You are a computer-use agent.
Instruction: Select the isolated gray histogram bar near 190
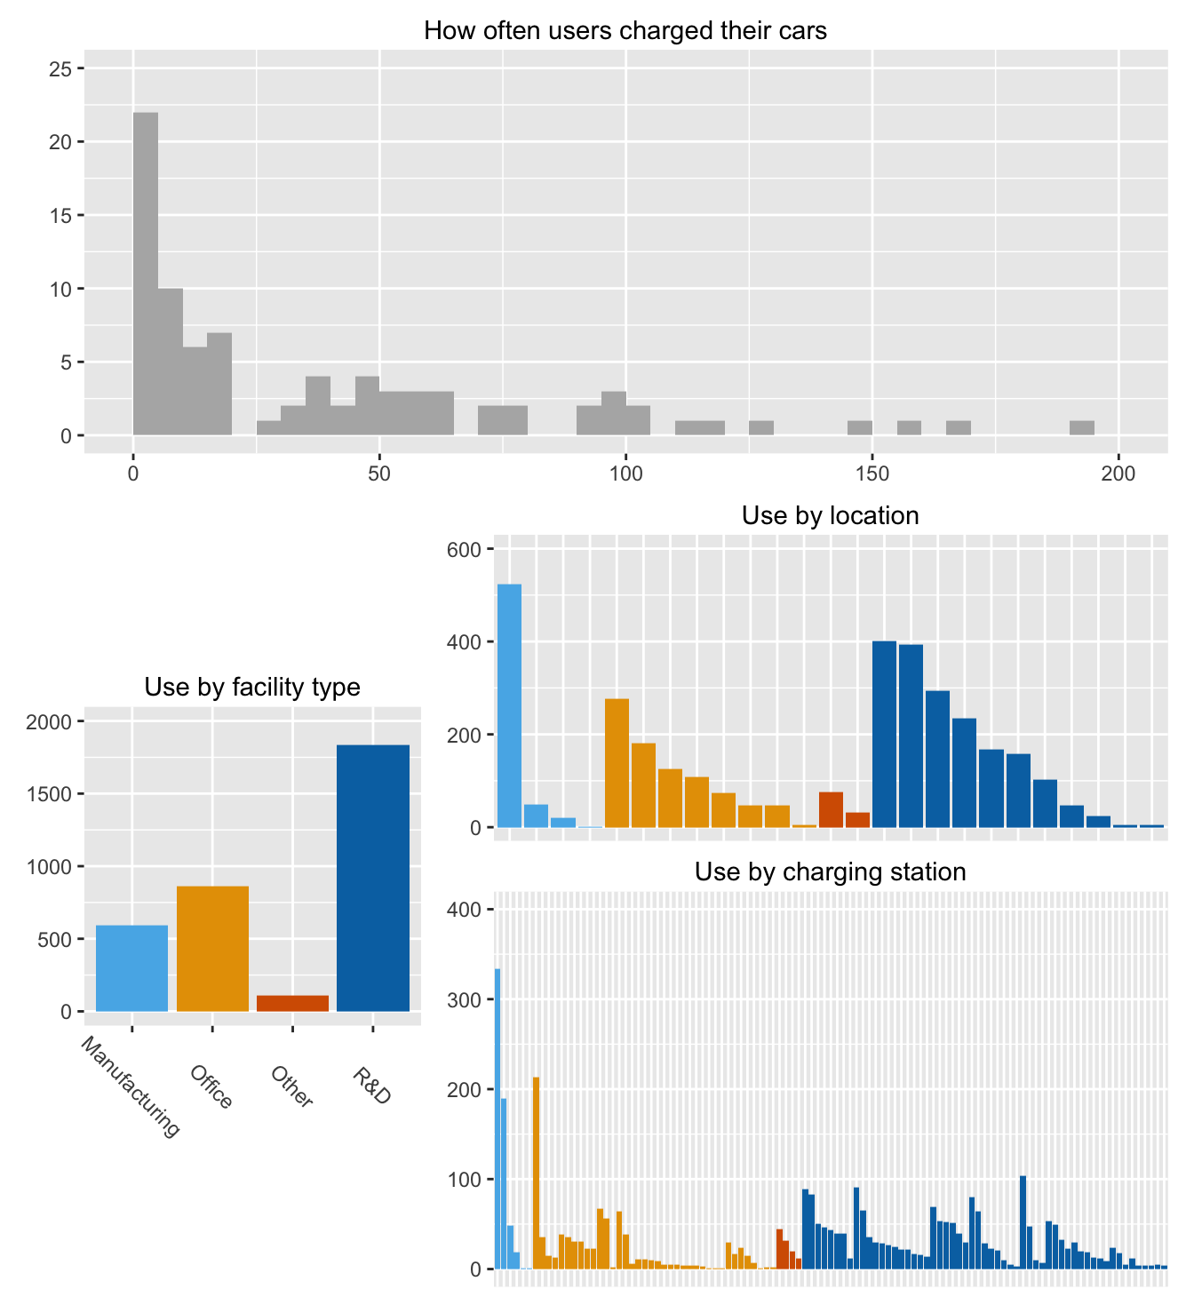click(x=1081, y=428)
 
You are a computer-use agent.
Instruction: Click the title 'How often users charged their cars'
click(x=625, y=31)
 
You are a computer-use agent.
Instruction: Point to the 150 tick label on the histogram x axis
click(x=872, y=474)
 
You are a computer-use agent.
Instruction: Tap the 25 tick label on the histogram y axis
click(x=60, y=68)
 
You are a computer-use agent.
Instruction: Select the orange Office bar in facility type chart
click(x=212, y=948)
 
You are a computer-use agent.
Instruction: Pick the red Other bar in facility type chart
click(x=292, y=1003)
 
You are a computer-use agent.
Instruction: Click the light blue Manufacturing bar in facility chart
click(x=131, y=967)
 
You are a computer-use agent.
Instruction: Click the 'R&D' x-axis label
click(x=372, y=1086)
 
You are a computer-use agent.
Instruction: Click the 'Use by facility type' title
click(x=252, y=687)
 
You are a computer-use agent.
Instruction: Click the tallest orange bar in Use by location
click(x=617, y=763)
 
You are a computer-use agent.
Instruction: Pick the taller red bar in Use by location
click(x=831, y=809)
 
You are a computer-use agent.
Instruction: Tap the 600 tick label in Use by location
click(x=465, y=550)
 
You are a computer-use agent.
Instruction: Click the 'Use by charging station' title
click(x=830, y=872)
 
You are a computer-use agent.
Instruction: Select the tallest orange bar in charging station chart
click(x=537, y=1173)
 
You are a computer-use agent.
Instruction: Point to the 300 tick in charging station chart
click(x=465, y=999)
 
